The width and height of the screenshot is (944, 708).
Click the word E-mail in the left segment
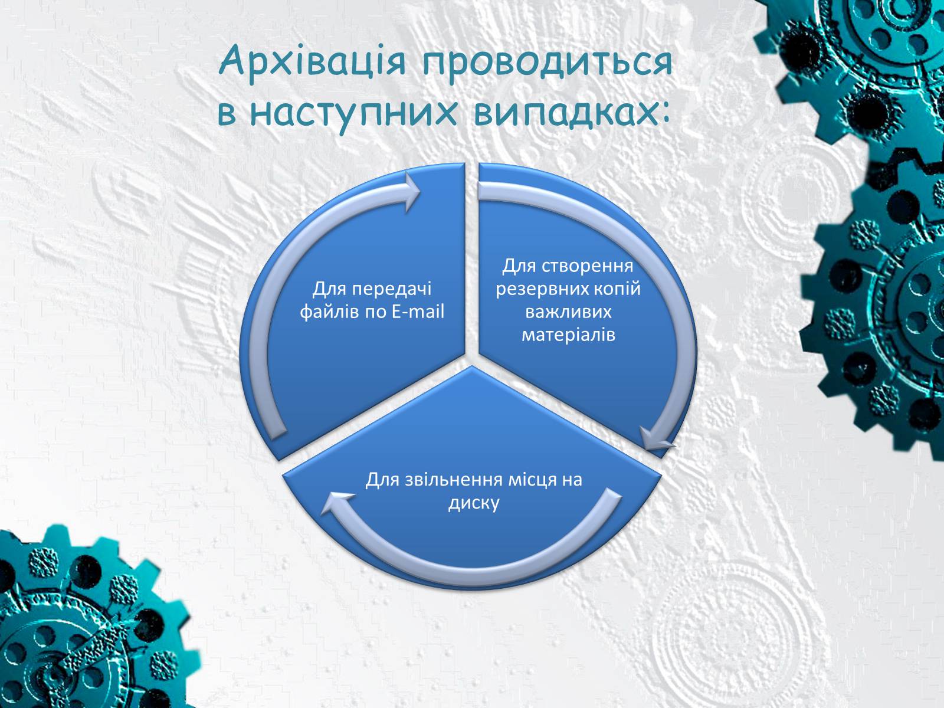418,312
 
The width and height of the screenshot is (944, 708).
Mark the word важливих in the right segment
569,312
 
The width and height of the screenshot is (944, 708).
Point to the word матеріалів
569,335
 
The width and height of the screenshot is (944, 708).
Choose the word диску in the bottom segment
474,503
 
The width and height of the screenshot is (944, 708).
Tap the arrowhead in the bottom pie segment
336,503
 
